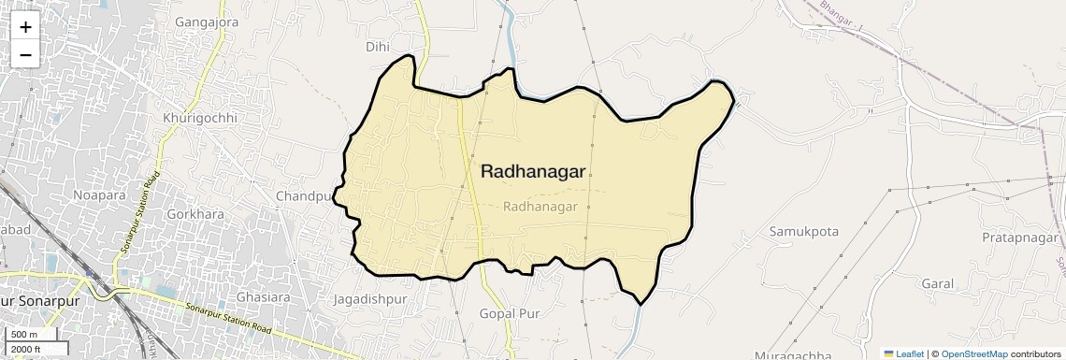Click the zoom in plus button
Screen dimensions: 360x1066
pyautogui.click(x=25, y=27)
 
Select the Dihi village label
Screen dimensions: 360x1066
pyautogui.click(x=377, y=45)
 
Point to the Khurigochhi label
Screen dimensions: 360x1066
pyautogui.click(x=200, y=118)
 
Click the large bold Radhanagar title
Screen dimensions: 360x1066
pyautogui.click(x=533, y=171)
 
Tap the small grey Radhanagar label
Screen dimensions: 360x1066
pyautogui.click(x=540, y=207)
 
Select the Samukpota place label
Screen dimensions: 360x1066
pyautogui.click(x=803, y=231)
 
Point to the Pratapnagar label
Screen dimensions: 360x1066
pyautogui.click(x=1019, y=238)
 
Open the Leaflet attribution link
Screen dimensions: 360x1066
pyautogui.click(x=903, y=353)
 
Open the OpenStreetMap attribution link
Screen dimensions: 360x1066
pyautogui.click(x=973, y=353)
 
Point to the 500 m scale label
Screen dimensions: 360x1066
pyautogui.click(x=24, y=335)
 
